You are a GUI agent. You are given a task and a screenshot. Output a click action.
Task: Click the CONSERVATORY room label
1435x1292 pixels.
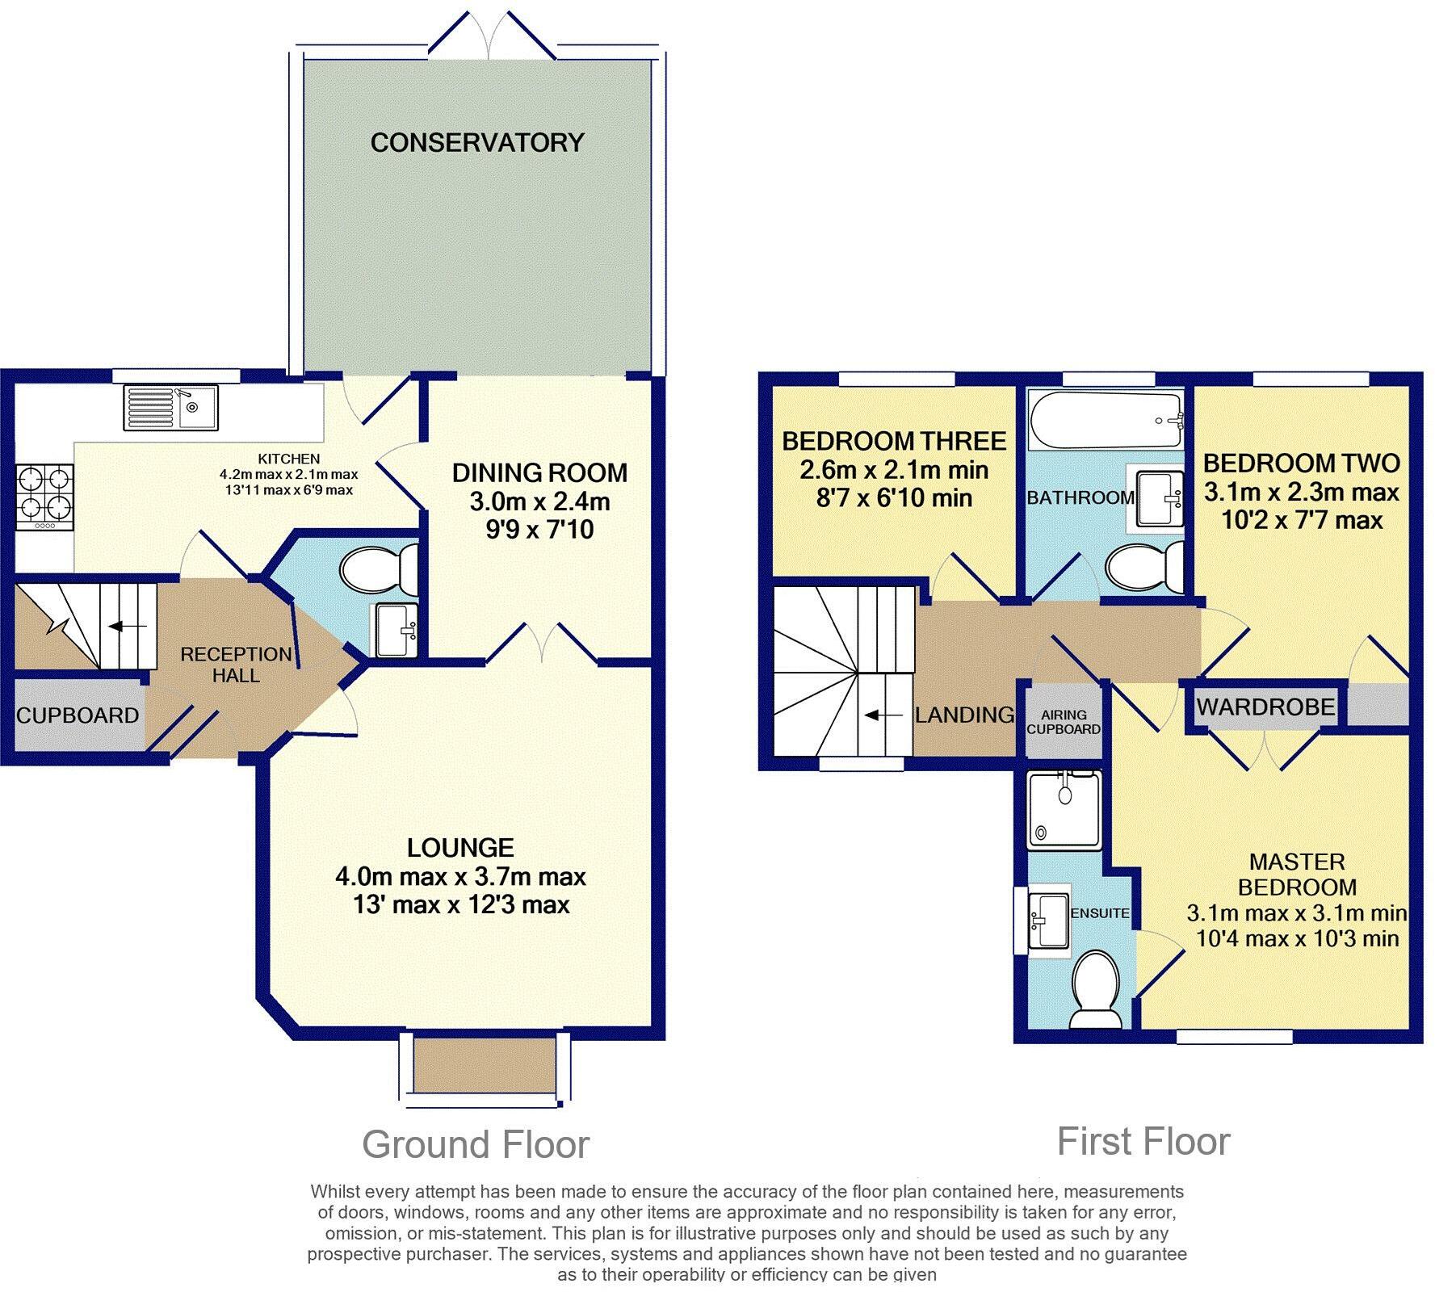coord(477,142)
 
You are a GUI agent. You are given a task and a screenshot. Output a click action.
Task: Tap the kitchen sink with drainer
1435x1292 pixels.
coord(170,408)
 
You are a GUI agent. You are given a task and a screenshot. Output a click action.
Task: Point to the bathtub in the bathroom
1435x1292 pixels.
coord(1106,422)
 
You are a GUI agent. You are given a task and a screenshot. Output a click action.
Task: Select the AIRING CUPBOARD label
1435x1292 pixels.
coord(1064,722)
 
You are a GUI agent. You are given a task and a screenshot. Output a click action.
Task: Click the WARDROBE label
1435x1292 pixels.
coord(1265,707)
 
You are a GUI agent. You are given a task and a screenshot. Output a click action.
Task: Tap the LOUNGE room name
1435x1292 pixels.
coord(460,847)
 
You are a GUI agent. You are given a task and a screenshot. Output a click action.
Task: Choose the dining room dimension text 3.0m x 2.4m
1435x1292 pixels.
coord(539,501)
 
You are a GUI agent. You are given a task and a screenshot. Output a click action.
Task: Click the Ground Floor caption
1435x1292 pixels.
coord(476,1145)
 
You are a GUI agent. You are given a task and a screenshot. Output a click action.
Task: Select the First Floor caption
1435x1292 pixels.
coord(1143,1142)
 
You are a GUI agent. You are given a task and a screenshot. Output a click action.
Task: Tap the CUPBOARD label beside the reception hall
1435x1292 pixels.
coord(78,715)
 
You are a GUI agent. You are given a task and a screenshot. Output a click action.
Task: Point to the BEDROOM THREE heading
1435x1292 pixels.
coord(894,441)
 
